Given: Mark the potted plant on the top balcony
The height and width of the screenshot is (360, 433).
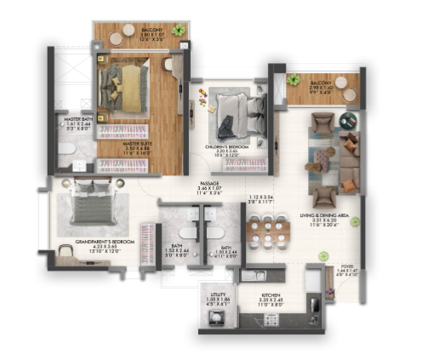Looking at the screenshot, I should (x=178, y=30).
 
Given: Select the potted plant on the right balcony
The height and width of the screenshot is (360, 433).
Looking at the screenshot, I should (x=293, y=79).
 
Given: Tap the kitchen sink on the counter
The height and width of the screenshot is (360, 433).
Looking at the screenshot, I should (x=254, y=274).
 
